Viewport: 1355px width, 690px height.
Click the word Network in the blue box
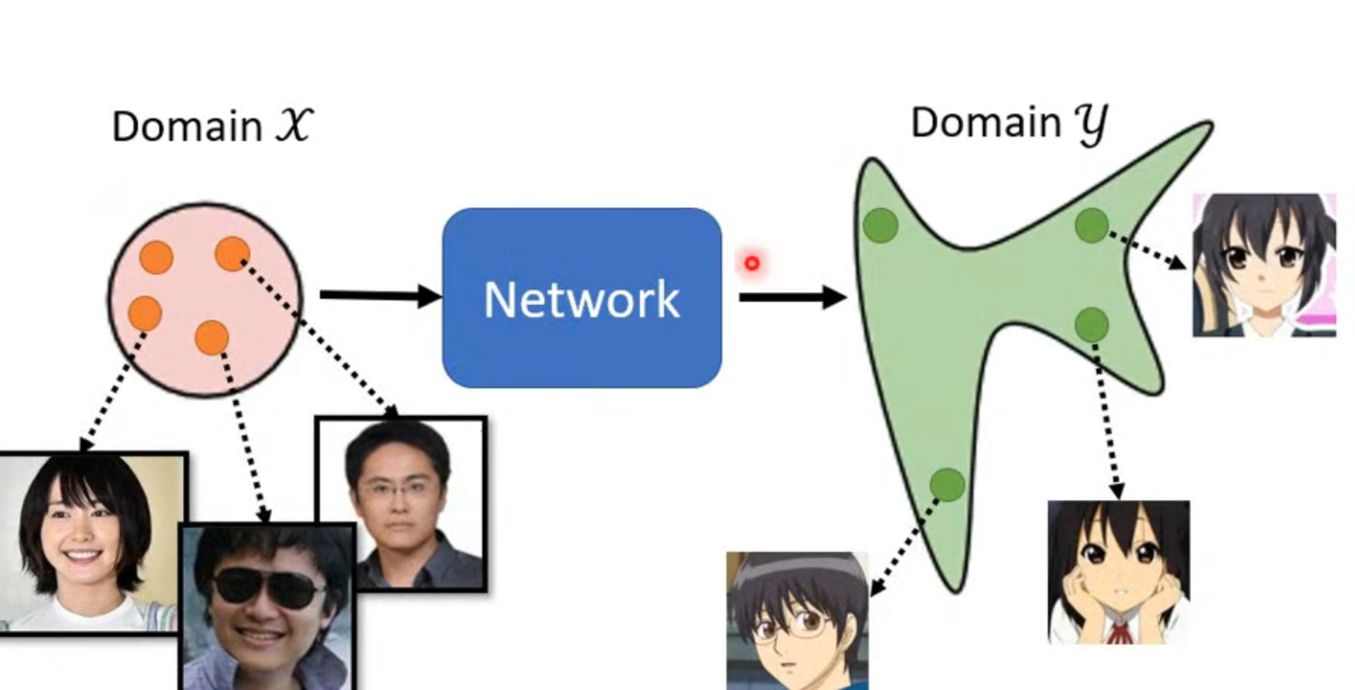coord(582,300)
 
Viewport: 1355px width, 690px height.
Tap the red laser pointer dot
coord(751,263)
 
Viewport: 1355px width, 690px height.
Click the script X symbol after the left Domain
coord(293,124)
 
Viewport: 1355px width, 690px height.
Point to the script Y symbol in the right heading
coord(1092,124)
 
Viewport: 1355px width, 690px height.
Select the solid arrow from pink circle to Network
coord(379,294)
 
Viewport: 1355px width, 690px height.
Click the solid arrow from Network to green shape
coord(792,296)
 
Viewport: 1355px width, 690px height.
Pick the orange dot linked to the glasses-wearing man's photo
coord(231,253)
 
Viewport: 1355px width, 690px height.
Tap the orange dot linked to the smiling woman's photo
coord(145,313)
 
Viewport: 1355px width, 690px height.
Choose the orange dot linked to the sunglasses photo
coord(212,337)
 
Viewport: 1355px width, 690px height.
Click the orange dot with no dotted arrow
coord(156,258)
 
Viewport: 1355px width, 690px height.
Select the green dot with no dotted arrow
coord(881,226)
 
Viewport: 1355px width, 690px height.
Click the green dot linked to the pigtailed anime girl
coord(1091,225)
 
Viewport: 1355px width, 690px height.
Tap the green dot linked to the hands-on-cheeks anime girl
coord(1092,325)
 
